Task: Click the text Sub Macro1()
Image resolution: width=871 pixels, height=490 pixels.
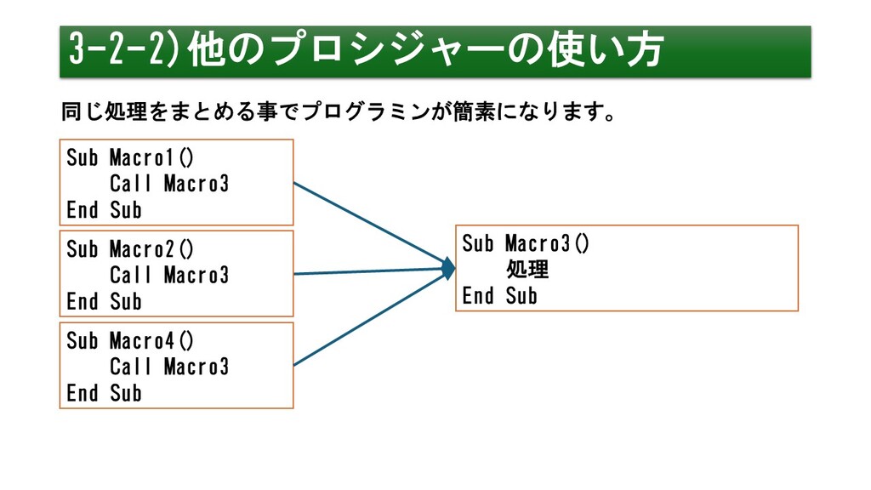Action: click(130, 157)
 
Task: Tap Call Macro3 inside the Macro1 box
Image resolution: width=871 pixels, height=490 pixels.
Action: click(169, 184)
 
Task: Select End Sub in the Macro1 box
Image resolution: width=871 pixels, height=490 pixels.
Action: click(104, 210)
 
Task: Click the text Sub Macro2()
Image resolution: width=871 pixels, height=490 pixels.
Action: click(130, 249)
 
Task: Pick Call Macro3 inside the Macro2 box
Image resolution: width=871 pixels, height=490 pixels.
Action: click(169, 275)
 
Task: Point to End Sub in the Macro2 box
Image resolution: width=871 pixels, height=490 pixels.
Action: click(104, 302)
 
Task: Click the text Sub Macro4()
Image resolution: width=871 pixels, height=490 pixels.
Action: click(130, 341)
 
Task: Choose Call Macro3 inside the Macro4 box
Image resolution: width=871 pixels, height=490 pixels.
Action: click(169, 367)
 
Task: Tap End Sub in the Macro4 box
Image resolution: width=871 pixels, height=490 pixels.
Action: click(104, 393)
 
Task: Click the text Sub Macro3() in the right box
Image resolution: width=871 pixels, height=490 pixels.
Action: click(526, 243)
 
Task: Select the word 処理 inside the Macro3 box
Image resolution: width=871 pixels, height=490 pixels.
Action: click(527, 270)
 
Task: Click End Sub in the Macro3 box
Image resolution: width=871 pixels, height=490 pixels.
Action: click(499, 295)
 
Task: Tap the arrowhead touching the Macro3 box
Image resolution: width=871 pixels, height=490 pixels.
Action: click(449, 269)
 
